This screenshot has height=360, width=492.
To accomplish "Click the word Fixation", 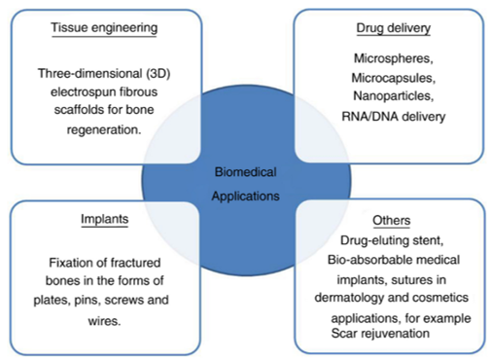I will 76,263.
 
